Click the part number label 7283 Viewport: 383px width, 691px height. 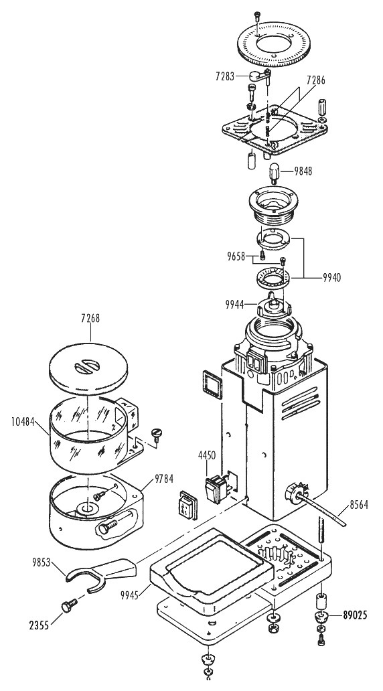point(225,76)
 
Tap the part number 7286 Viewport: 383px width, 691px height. point(316,80)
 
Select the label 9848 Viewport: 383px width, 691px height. point(303,171)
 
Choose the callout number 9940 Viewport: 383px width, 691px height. point(332,277)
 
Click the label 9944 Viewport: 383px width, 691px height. point(234,303)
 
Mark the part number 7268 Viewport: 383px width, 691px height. point(91,318)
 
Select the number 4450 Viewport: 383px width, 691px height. point(207,455)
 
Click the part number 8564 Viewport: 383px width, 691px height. point(359,505)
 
